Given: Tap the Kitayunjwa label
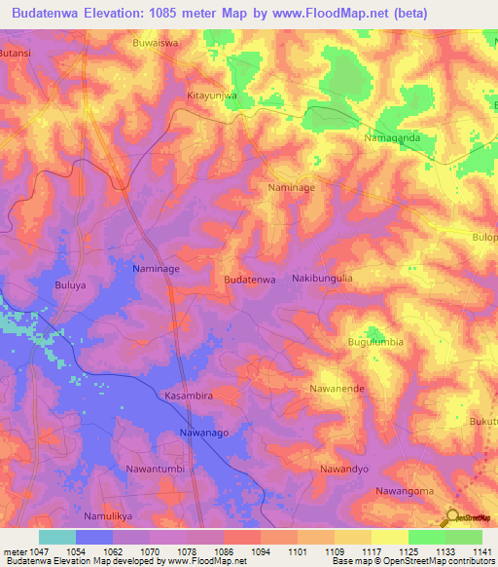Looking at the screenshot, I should tap(211, 96).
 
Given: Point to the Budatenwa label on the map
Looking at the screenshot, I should tap(250, 280).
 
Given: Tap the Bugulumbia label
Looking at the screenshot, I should tap(375, 343).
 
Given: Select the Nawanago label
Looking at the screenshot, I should tap(206, 431).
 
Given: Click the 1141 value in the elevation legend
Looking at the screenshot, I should tap(481, 552).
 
